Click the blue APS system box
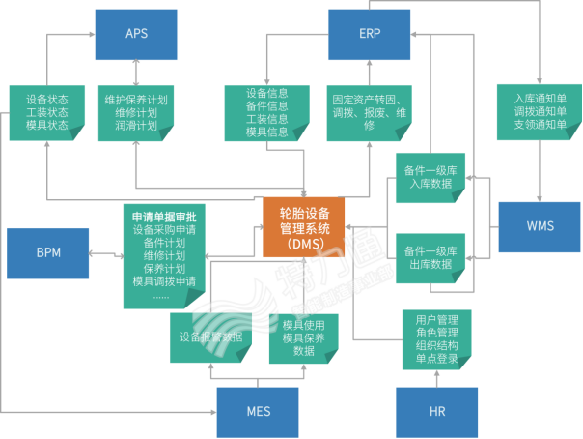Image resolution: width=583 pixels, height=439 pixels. [136, 34]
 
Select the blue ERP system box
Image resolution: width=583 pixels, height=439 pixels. [370, 34]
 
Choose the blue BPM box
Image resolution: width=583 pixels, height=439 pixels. [46, 252]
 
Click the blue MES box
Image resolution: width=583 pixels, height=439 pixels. [257, 411]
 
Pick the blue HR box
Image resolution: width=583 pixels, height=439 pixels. [437, 411]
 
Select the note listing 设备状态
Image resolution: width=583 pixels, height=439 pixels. [47, 113]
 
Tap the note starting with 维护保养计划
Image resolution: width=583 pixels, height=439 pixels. [136, 113]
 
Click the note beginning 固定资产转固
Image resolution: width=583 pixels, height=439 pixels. [368, 113]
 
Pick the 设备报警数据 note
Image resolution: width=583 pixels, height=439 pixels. [210, 337]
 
